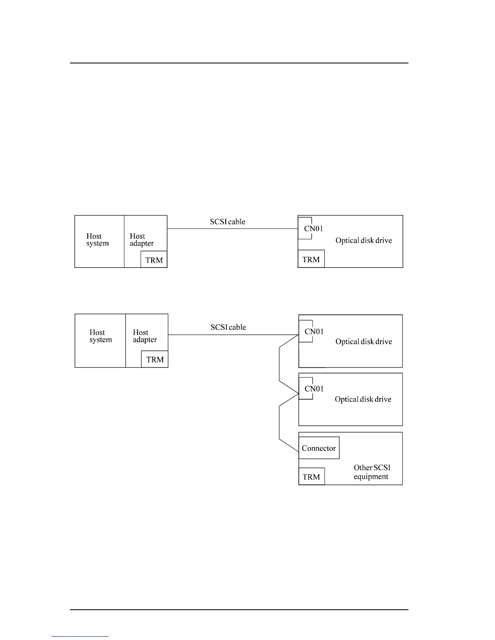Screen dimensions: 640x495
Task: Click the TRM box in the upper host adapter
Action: pyautogui.click(x=154, y=260)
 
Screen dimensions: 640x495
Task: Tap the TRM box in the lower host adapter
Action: pyautogui.click(x=155, y=359)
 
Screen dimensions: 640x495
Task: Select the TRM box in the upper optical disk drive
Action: pyautogui.click(x=311, y=259)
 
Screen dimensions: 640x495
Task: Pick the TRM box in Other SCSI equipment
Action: pyautogui.click(x=311, y=477)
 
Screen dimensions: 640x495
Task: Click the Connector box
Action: pyautogui.click(x=319, y=448)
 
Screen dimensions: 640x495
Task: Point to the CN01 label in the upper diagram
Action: pyautogui.click(x=314, y=228)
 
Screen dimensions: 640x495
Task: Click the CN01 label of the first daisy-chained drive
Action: pyautogui.click(x=314, y=331)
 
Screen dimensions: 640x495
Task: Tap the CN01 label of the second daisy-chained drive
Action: pyautogui.click(x=314, y=389)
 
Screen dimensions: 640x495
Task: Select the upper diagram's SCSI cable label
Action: pyautogui.click(x=228, y=221)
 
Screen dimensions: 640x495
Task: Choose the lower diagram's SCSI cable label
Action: pyautogui.click(x=228, y=327)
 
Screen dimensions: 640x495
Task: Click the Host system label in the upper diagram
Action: pyautogui.click(x=97, y=240)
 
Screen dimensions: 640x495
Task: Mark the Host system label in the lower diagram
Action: pyautogui.click(x=101, y=336)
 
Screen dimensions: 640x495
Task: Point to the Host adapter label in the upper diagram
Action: pyautogui.click(x=142, y=240)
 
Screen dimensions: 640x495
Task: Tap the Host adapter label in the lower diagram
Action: pyautogui.click(x=145, y=336)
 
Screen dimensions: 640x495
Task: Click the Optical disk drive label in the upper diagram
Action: pyautogui.click(x=364, y=240)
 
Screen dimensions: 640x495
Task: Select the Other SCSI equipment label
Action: pyautogui.click(x=372, y=472)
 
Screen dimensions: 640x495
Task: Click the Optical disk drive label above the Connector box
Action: pyautogui.click(x=363, y=399)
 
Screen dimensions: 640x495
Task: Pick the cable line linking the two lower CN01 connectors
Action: pyautogui.click(x=279, y=364)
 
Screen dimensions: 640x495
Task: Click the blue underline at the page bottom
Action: pyautogui.click(x=80, y=636)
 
